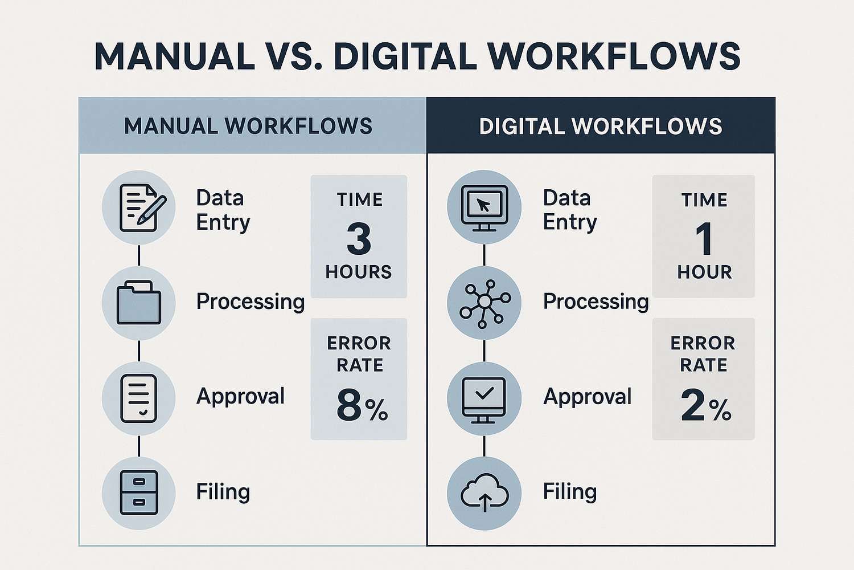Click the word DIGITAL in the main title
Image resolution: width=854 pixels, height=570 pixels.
tap(405, 56)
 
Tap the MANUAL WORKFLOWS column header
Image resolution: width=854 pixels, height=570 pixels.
tap(248, 126)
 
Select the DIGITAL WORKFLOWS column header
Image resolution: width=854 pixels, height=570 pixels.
tap(601, 126)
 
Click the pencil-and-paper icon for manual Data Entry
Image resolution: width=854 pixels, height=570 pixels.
tap(142, 207)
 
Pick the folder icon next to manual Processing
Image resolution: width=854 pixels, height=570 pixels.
tap(139, 302)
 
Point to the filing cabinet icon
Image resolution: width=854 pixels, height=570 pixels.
tap(139, 492)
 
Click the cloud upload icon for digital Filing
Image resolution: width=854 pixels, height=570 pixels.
tap(485, 493)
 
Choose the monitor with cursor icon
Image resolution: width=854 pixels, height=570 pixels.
tap(484, 208)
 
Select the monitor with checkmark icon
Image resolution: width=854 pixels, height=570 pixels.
tap(484, 400)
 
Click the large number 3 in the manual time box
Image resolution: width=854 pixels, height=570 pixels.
tap(359, 239)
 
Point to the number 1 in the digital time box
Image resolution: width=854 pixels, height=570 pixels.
tap(703, 239)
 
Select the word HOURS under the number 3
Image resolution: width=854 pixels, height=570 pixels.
tap(358, 272)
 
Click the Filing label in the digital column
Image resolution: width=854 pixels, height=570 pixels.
tap(569, 492)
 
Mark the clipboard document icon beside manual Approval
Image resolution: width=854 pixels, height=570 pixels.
tap(139, 398)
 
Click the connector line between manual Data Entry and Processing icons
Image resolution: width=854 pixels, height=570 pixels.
tap(139, 255)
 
